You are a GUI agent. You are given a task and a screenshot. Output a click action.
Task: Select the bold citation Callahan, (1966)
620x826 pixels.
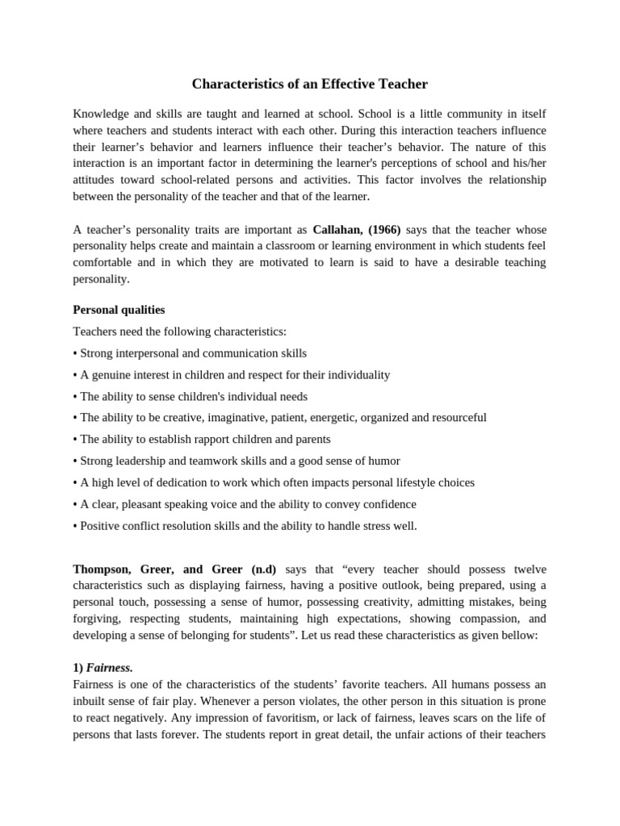(x=356, y=229)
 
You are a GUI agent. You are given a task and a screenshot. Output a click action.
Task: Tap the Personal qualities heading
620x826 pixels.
(x=119, y=310)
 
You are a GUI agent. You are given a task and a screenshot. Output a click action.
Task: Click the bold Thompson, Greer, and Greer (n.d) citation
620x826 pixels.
(x=174, y=568)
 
